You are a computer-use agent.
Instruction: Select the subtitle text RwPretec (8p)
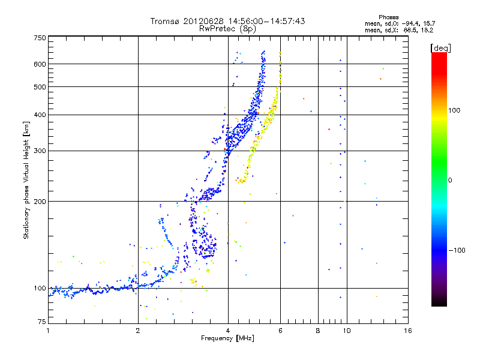pyautogui.click(x=227, y=29)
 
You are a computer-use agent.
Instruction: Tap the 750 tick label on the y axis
pyautogui.click(x=40, y=38)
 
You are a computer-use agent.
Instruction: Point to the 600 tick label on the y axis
pyautogui.click(x=40, y=64)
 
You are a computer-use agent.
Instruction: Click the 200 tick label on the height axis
pyautogui.click(x=40, y=202)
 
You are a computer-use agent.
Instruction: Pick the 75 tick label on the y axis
pyautogui.click(x=42, y=322)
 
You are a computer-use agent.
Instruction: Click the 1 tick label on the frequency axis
pyautogui.click(x=48, y=331)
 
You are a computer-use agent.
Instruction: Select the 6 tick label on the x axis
pyautogui.click(x=280, y=331)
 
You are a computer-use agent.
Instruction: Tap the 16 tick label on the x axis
pyautogui.click(x=408, y=331)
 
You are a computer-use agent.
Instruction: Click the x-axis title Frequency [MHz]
pyautogui.click(x=227, y=338)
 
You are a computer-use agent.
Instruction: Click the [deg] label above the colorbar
pyautogui.click(x=440, y=48)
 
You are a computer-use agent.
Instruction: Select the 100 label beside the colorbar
pyautogui.click(x=454, y=110)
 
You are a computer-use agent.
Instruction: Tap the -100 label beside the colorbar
pyautogui.click(x=457, y=250)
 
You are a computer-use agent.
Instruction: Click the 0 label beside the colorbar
pyautogui.click(x=450, y=181)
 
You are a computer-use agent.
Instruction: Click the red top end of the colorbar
pyautogui.click(x=439, y=54)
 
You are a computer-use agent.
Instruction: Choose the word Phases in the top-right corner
pyautogui.click(x=388, y=17)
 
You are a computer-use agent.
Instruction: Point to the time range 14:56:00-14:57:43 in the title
pyautogui.click(x=266, y=21)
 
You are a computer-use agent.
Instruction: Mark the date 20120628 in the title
pyautogui.click(x=203, y=21)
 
